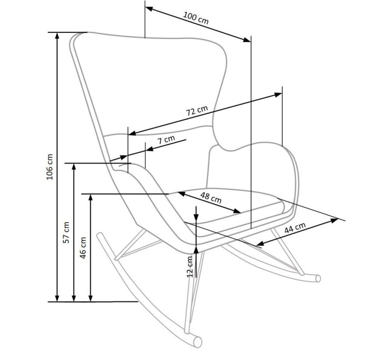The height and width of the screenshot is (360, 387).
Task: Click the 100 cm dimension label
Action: [x=196, y=18]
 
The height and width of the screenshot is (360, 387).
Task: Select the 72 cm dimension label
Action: [x=197, y=111]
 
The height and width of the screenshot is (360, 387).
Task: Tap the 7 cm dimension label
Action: [x=166, y=140]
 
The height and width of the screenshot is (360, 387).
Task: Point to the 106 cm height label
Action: [x=50, y=167]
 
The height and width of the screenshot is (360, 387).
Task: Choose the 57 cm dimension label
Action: [x=66, y=232]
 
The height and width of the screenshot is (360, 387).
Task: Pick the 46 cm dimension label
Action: [x=83, y=247]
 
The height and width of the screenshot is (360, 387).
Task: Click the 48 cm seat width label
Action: [x=211, y=197]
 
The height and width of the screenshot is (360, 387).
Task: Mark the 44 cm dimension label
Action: [x=295, y=228]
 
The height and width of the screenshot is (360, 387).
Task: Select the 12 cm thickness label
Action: [x=190, y=266]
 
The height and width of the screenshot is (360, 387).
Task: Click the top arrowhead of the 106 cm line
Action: [x=57, y=36]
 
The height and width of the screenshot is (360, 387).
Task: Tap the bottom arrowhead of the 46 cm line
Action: [x=91, y=298]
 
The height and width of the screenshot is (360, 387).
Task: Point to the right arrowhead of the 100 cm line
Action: [x=247, y=40]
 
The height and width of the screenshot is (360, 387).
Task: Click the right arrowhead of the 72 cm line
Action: [x=278, y=94]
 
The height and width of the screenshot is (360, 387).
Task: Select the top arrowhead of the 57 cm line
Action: [x=74, y=167]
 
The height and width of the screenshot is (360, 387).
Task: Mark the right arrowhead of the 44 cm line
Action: [x=334, y=221]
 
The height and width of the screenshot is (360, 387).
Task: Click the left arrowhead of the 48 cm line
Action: [x=181, y=194]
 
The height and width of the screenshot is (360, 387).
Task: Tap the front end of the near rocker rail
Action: [x=198, y=342]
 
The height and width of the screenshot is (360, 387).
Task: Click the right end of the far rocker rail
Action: [x=318, y=278]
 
